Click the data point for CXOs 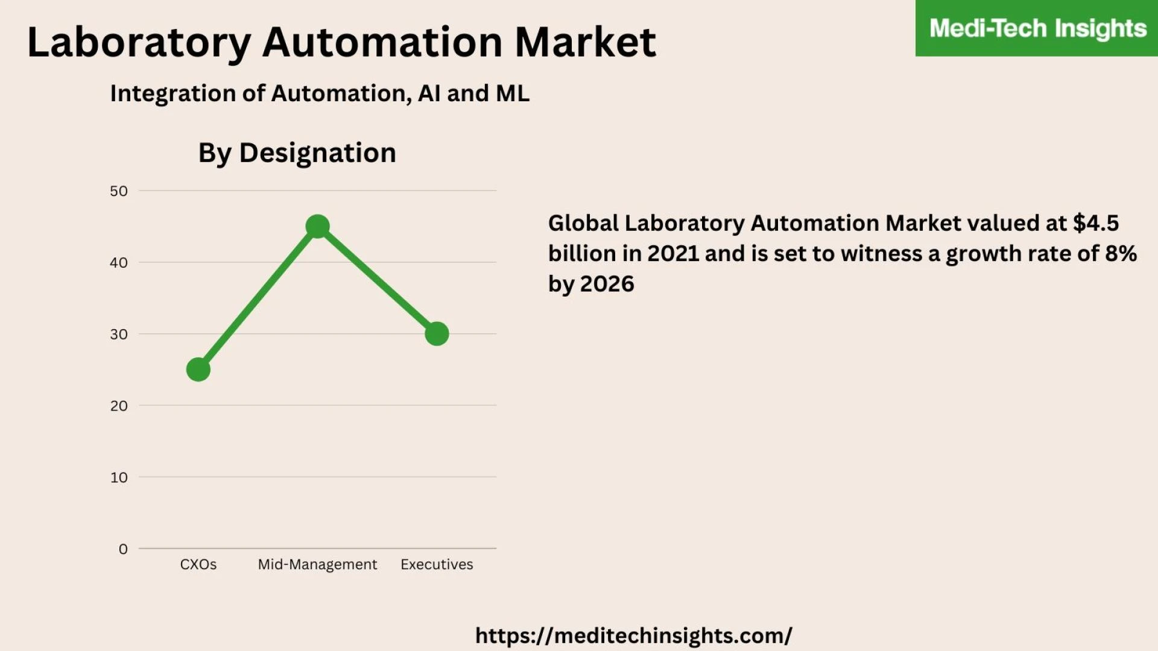click(198, 370)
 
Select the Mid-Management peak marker click(317, 227)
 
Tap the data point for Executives click(437, 334)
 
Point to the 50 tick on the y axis click(119, 191)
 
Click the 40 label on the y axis click(119, 263)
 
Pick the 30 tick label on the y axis click(119, 335)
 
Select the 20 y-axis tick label click(119, 406)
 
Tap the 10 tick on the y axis click(119, 477)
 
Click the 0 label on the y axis click(123, 549)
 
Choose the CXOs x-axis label click(198, 565)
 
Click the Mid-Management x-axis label click(317, 565)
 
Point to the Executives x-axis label click(437, 565)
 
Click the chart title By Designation click(297, 153)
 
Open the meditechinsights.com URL click(633, 635)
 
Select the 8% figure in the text click(1121, 254)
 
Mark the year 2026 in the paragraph click(607, 284)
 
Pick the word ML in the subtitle click(512, 93)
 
